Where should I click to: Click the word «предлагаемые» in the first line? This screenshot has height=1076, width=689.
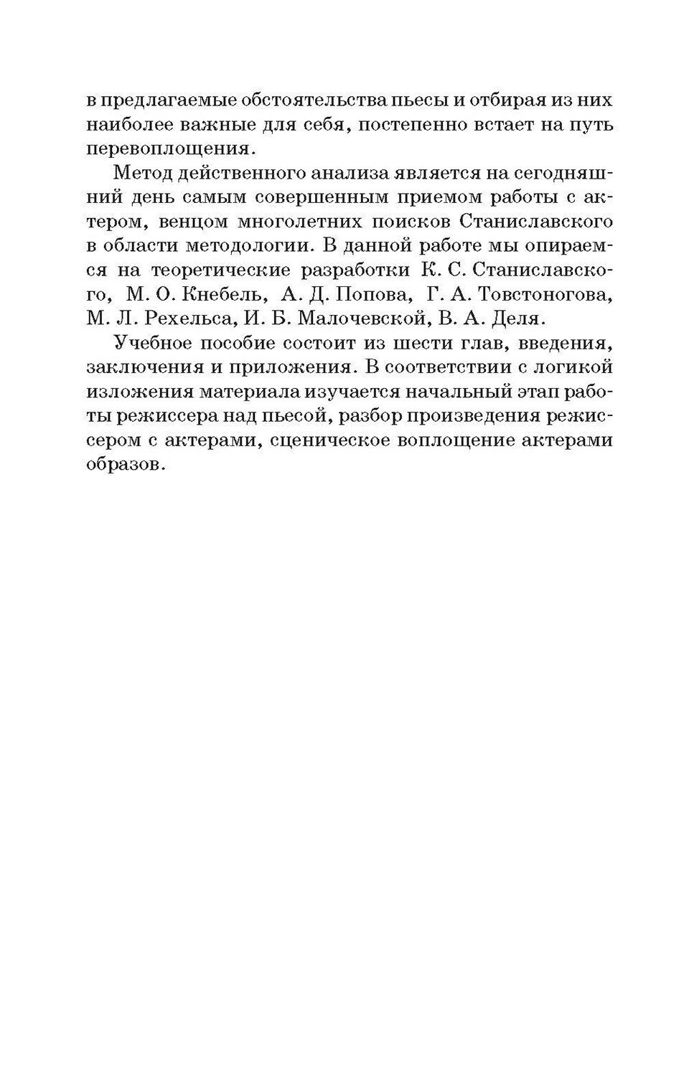(167, 98)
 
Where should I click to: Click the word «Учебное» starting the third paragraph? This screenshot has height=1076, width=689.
(148, 343)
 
